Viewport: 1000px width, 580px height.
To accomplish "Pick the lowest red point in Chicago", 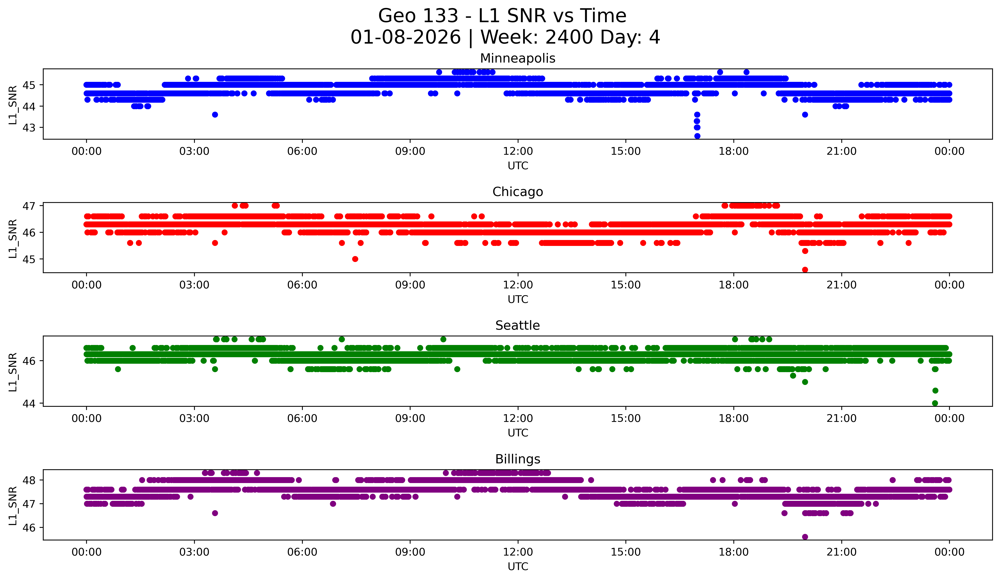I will [805, 270].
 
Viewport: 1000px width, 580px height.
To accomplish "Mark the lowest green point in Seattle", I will [935, 403].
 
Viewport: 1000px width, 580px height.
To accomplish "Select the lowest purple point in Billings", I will [805, 537].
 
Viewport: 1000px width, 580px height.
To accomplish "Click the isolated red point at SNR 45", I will [355, 259].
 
